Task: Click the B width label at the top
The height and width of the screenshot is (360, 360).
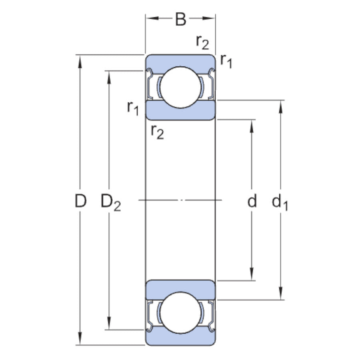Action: tap(181, 19)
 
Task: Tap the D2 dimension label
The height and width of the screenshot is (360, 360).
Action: tap(110, 202)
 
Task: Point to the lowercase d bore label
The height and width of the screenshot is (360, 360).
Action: tap(252, 201)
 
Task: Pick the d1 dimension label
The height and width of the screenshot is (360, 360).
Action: tap(280, 202)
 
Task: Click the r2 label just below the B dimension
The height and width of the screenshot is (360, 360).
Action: tap(202, 42)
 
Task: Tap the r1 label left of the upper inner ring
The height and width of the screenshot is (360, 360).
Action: tap(133, 107)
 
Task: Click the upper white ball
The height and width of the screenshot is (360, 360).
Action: tap(180, 87)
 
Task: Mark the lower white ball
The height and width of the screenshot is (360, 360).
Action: tap(180, 312)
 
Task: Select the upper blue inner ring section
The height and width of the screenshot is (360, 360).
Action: tap(180, 110)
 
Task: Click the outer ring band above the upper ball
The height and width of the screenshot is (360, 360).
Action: tap(180, 60)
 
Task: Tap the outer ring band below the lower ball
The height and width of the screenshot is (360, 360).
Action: tap(180, 339)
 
